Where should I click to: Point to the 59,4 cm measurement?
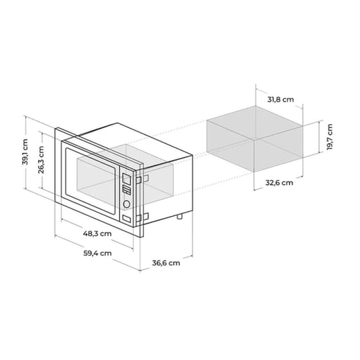click(x=96, y=253)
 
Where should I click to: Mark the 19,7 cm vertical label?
click(x=329, y=137)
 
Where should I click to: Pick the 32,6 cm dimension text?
click(x=279, y=183)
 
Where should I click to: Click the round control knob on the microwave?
click(x=127, y=204)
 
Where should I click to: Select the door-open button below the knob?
click(x=127, y=218)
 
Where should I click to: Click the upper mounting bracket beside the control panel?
click(x=145, y=177)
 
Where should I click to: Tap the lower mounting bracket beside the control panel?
click(x=145, y=216)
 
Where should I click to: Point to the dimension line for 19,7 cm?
click(x=319, y=136)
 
